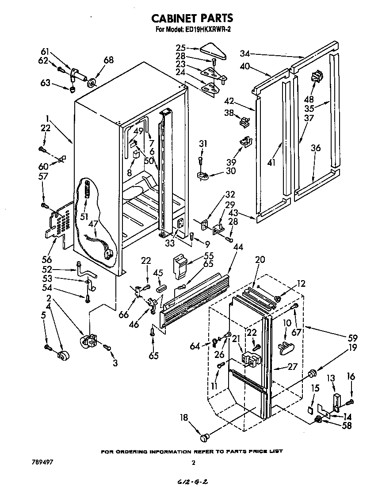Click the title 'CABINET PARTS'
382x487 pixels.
coord(192,18)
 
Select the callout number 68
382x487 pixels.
coord(108,60)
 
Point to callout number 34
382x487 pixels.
coord(244,53)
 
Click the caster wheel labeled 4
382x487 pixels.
coord(64,355)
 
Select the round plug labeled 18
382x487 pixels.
coord(204,438)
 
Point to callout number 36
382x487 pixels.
coord(315,148)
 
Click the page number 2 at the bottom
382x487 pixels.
coord(193,463)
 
